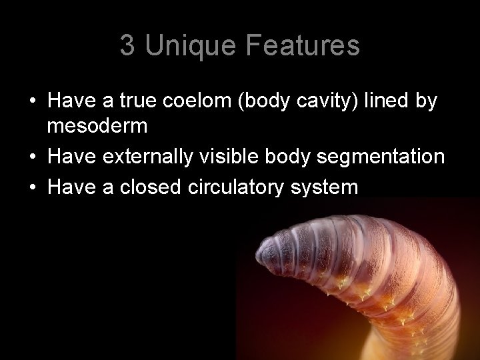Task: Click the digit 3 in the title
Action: click(x=127, y=45)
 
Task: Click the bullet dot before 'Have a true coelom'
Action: click(x=32, y=101)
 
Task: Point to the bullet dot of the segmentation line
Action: click(x=32, y=157)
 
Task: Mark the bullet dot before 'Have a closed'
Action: click(x=32, y=187)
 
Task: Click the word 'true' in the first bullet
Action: click(x=137, y=101)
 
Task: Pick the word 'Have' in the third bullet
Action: click(x=70, y=187)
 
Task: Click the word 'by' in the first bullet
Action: click(x=429, y=101)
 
